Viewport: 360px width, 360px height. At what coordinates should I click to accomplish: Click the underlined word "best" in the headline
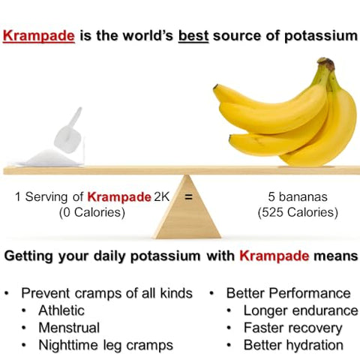click(x=194, y=35)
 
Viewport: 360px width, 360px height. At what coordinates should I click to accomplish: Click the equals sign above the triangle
click(x=188, y=198)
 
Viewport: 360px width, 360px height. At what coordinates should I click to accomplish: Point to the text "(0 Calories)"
click(x=92, y=212)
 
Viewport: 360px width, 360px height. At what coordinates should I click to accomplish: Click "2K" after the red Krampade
click(x=162, y=197)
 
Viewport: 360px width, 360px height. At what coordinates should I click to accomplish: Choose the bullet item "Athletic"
click(x=61, y=310)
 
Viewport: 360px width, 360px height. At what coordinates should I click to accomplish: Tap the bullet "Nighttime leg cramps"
click(x=106, y=346)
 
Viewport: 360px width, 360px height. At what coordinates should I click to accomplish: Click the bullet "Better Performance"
click(x=288, y=292)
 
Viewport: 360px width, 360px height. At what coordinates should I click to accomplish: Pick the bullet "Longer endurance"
click(x=301, y=310)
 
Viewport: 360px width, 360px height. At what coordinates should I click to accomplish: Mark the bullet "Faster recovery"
click(x=293, y=328)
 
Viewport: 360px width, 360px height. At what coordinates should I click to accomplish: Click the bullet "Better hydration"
click(x=293, y=346)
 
